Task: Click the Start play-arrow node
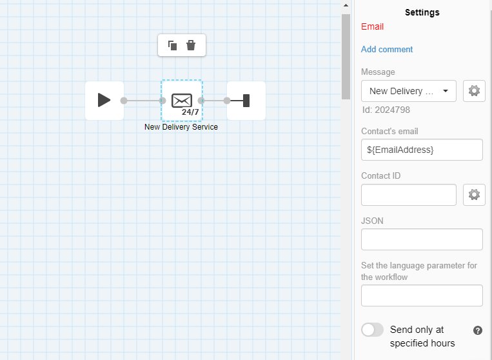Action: tap(104, 101)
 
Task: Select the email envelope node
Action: tap(182, 101)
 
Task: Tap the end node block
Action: tap(246, 101)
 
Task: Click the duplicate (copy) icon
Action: tap(173, 46)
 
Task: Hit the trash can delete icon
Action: tap(191, 46)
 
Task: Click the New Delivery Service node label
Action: tap(181, 127)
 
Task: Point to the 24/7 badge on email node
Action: tap(190, 112)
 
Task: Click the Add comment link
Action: tap(387, 49)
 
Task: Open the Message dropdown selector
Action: tap(409, 91)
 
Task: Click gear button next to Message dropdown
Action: tap(474, 91)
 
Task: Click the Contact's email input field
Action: tap(422, 150)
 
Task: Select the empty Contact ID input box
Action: tap(409, 195)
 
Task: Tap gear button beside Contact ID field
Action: tap(474, 195)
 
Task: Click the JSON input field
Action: tap(422, 239)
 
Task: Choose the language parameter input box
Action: tap(422, 295)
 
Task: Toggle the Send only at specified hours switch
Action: tap(373, 330)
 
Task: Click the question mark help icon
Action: tap(478, 330)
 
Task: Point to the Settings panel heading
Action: tap(422, 12)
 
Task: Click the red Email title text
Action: tap(373, 26)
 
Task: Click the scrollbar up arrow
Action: tap(346, 5)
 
